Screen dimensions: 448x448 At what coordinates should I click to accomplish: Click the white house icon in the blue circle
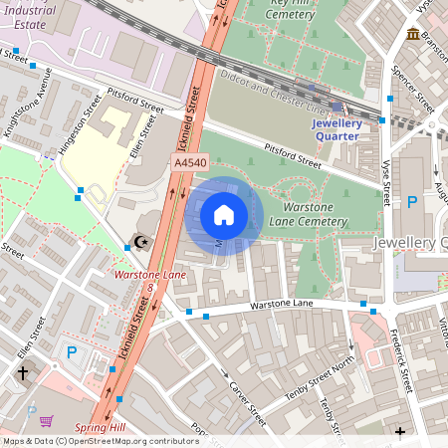[224, 214]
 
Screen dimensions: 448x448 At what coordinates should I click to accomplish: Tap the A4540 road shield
[189, 162]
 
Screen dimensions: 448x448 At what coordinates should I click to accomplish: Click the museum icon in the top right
[412, 35]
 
